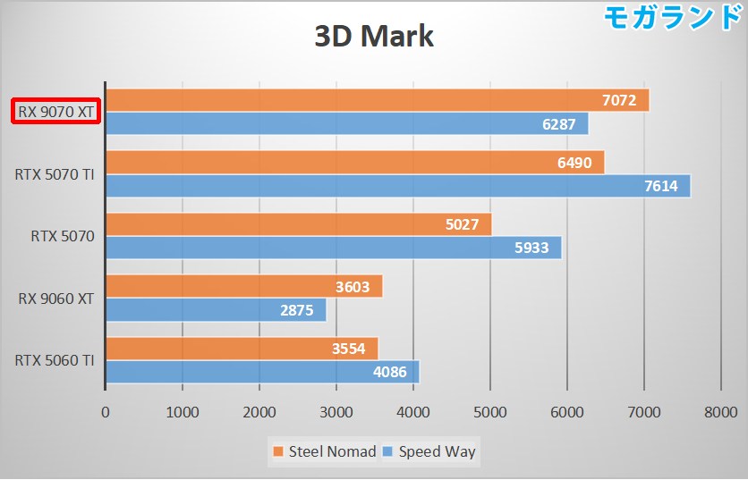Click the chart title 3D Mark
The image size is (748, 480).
pyautogui.click(x=373, y=37)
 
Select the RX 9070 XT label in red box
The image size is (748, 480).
pyautogui.click(x=55, y=113)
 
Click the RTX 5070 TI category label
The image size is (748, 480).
pyautogui.click(x=55, y=174)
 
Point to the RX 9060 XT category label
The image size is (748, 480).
pyautogui.click(x=56, y=299)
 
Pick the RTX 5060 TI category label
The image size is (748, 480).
pyautogui.click(x=55, y=360)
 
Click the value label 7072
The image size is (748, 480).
pyautogui.click(x=619, y=100)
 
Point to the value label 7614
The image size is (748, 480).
pyautogui.click(x=660, y=186)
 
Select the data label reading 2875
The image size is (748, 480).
pyautogui.click(x=297, y=310)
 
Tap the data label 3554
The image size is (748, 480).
pyautogui.click(x=348, y=349)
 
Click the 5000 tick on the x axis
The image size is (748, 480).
pyautogui.click(x=489, y=412)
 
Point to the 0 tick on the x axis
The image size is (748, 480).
pyautogui.click(x=106, y=412)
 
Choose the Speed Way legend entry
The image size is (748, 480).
pyautogui.click(x=429, y=451)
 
